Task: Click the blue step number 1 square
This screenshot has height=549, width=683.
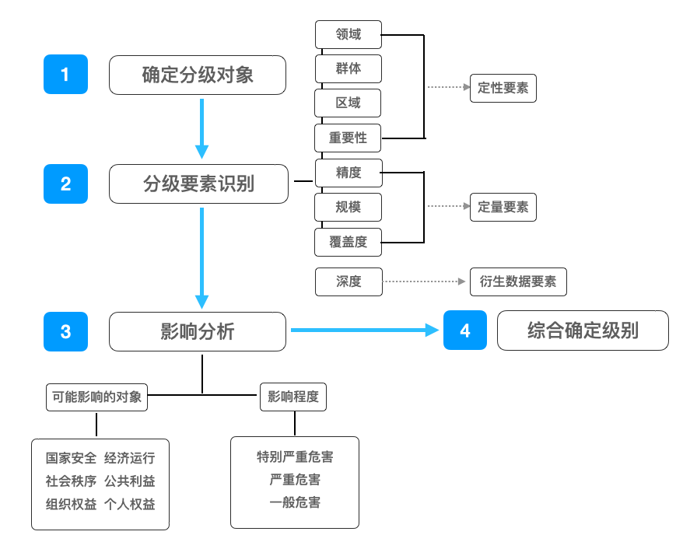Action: coord(65,75)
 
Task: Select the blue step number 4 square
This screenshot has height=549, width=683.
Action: coord(465,330)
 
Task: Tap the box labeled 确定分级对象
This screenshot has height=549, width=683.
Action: coord(198,75)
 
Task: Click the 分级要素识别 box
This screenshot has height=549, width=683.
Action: coord(198,184)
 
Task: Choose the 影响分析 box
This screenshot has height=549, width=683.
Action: coord(198,331)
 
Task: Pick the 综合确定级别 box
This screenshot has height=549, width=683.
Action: coord(583,330)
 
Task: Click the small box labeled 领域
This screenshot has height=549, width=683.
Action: coord(349,34)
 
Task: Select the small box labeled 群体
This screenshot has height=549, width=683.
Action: coord(349,68)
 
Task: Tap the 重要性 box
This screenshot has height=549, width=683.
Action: coord(349,138)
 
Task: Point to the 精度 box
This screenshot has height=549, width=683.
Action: coord(349,173)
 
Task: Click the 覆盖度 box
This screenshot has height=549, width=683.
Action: coord(349,242)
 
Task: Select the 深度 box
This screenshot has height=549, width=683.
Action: coord(349,281)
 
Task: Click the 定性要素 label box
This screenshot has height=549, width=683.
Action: coord(503,89)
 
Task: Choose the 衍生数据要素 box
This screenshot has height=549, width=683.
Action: coord(518,281)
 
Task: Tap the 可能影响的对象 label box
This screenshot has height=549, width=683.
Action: coord(97,397)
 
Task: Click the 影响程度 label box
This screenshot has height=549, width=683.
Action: coord(293,397)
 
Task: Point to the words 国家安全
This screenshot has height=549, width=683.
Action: coord(71,458)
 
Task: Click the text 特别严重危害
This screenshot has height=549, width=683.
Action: coord(295,456)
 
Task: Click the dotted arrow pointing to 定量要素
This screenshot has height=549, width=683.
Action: coord(448,207)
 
